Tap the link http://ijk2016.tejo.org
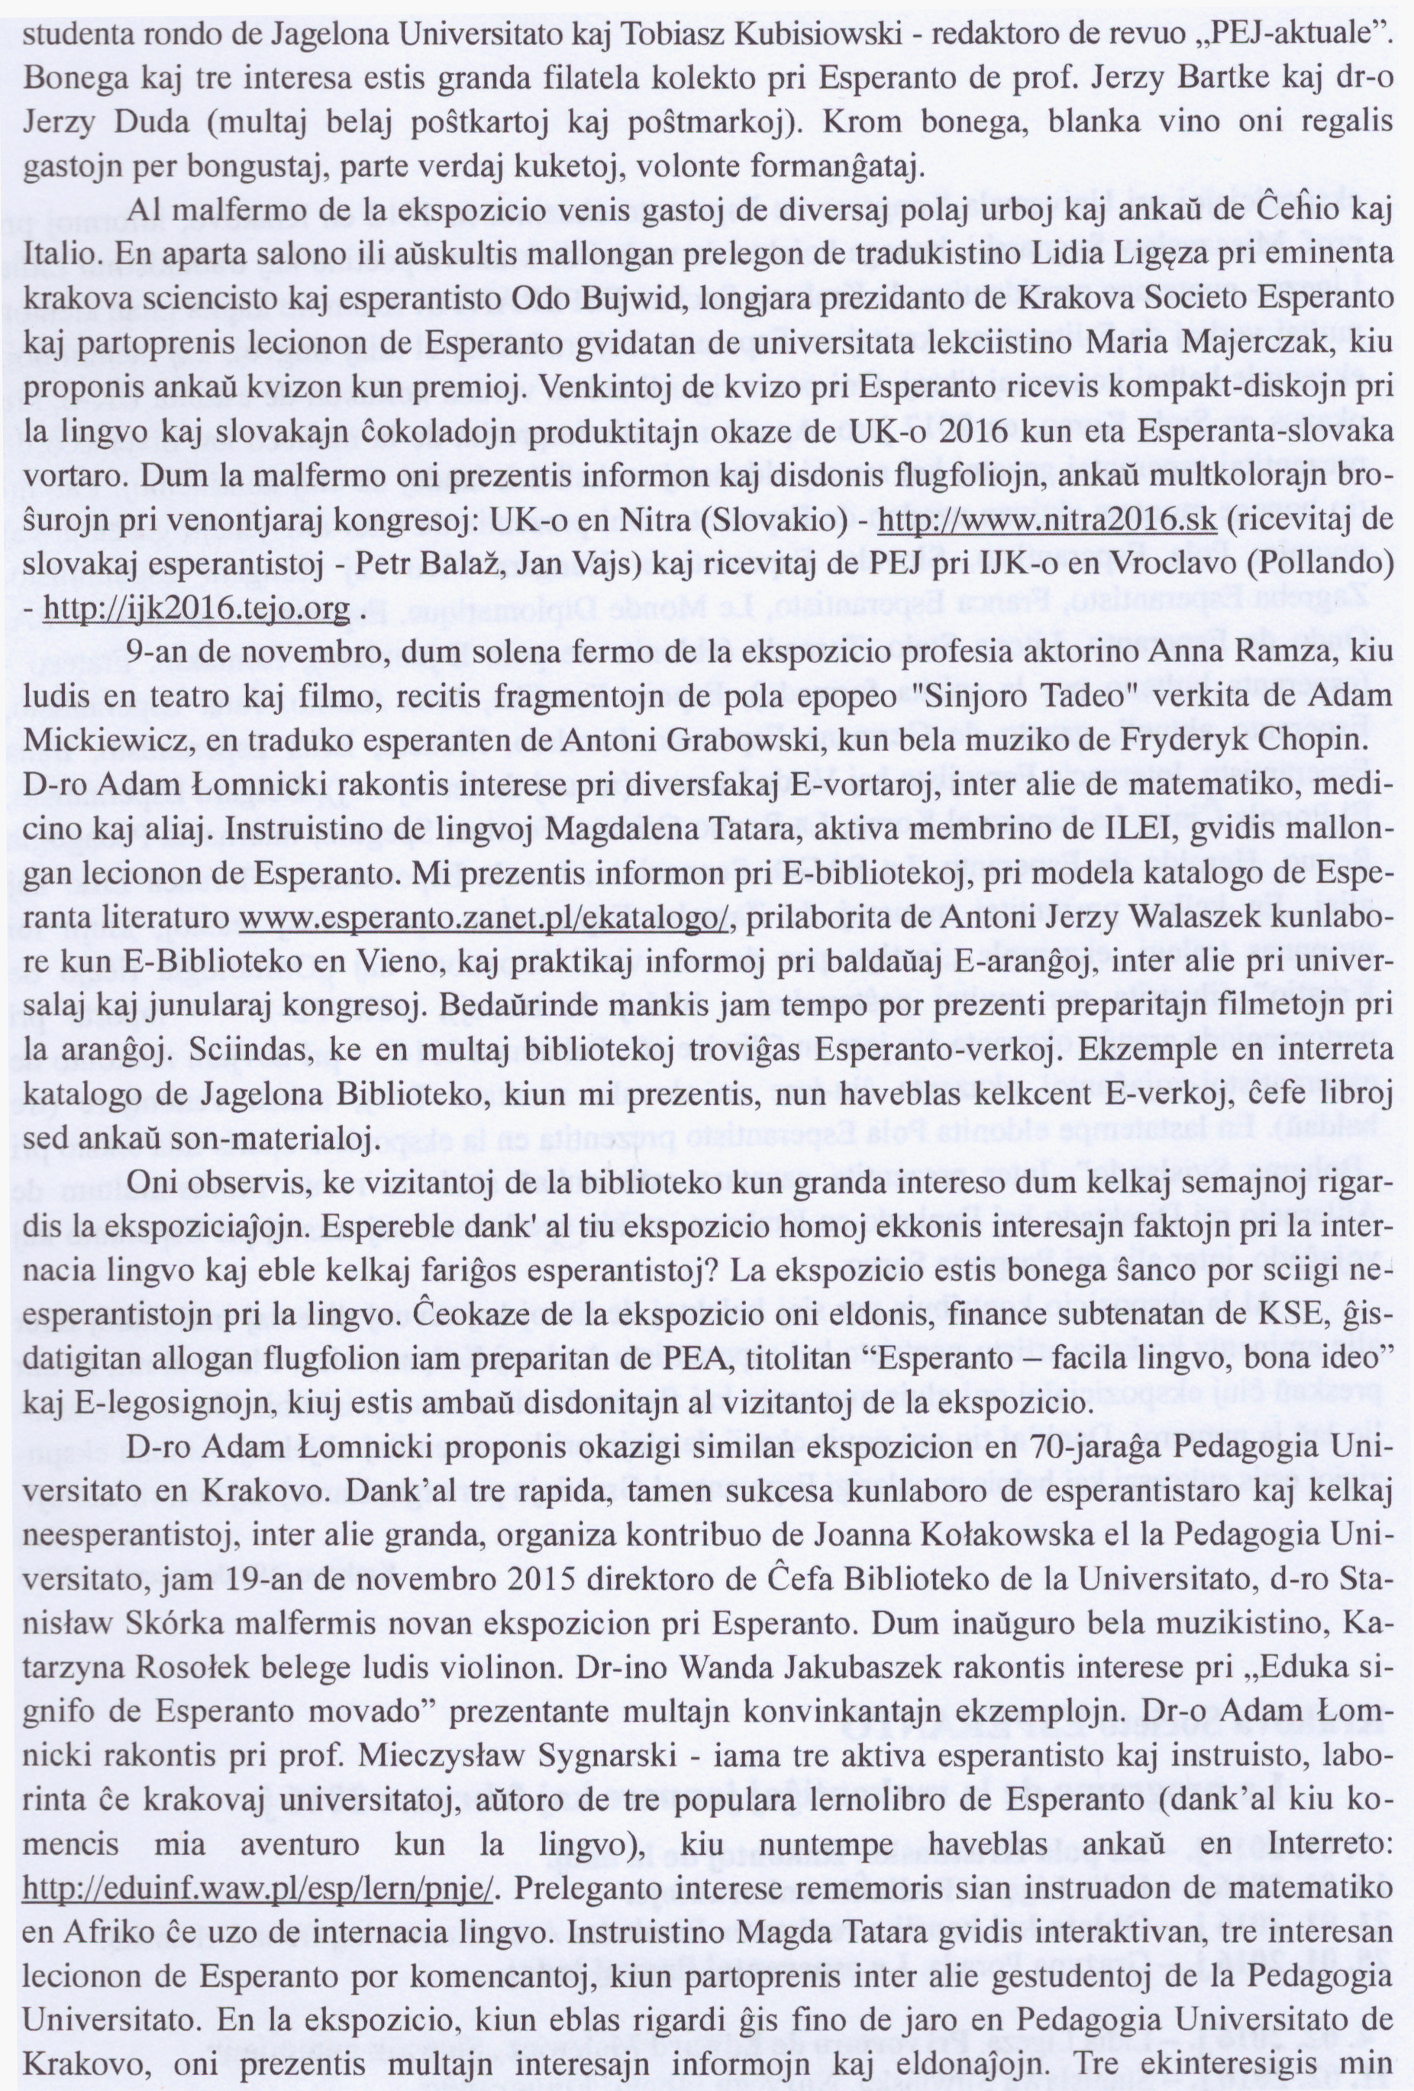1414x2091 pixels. coord(196,610)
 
